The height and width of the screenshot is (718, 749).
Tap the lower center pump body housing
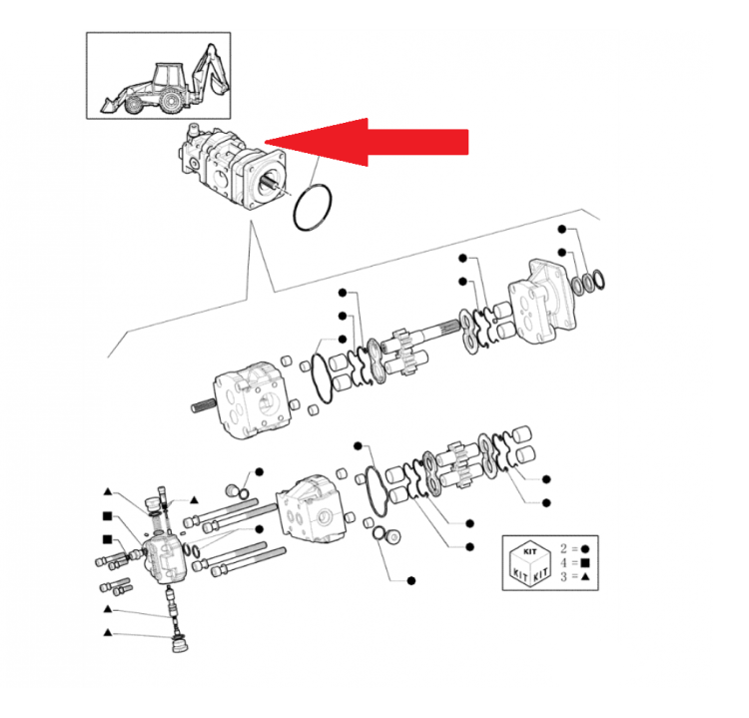click(x=314, y=508)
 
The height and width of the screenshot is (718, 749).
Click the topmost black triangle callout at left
click(x=107, y=492)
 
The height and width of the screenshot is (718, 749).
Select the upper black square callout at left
click(x=106, y=516)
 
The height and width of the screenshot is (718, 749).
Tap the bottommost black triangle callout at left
click(x=107, y=633)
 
